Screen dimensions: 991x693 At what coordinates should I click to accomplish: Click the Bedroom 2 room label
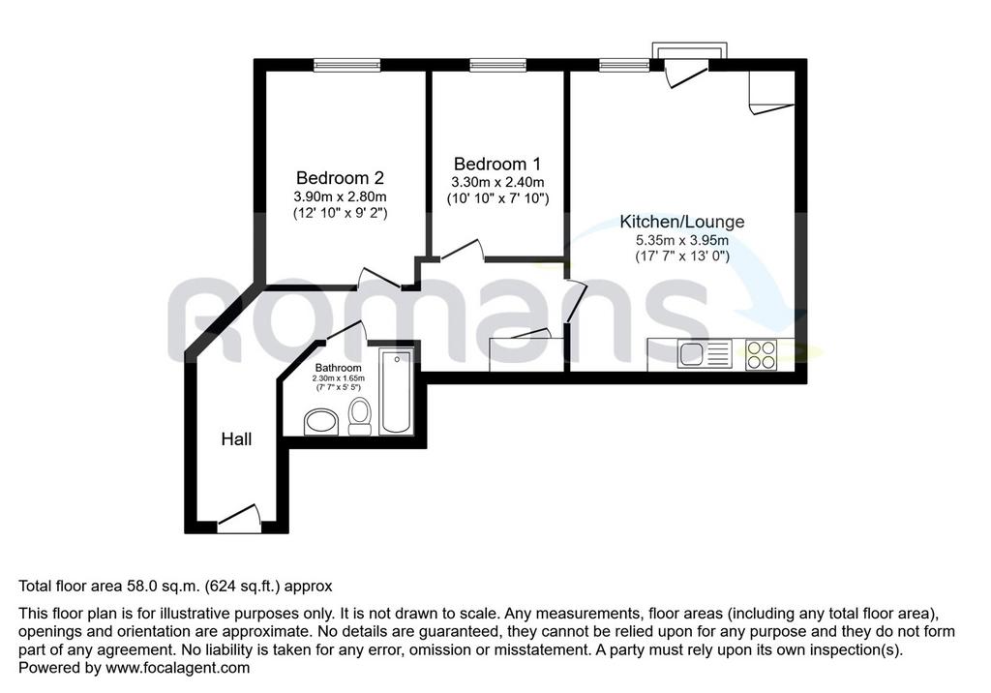tap(340, 178)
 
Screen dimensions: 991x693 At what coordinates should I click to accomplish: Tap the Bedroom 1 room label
tap(497, 165)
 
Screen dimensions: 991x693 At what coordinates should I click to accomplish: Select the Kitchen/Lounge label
tap(682, 222)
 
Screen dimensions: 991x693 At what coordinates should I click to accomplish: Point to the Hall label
tap(236, 438)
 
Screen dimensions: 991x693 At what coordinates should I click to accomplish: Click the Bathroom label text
tap(338, 368)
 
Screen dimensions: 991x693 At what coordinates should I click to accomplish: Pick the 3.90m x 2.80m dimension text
tap(340, 196)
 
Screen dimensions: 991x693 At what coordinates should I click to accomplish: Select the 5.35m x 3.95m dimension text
tap(682, 240)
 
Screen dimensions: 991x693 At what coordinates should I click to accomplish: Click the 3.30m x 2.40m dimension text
tap(497, 183)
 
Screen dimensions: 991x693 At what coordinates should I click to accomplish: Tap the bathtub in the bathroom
tap(396, 391)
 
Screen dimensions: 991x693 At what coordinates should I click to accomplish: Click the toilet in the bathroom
tap(360, 416)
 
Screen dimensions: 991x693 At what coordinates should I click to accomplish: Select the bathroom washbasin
tap(321, 422)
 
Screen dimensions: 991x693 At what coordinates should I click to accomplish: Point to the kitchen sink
tap(705, 354)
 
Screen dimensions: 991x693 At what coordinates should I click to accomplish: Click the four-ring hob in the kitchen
tap(761, 354)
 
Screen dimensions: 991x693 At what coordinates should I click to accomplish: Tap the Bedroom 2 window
tap(347, 64)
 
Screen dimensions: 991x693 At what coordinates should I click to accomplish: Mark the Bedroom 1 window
tap(498, 64)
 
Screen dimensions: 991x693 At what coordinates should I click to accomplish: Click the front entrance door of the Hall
tap(240, 519)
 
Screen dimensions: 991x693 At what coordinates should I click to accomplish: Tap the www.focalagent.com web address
tap(178, 668)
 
